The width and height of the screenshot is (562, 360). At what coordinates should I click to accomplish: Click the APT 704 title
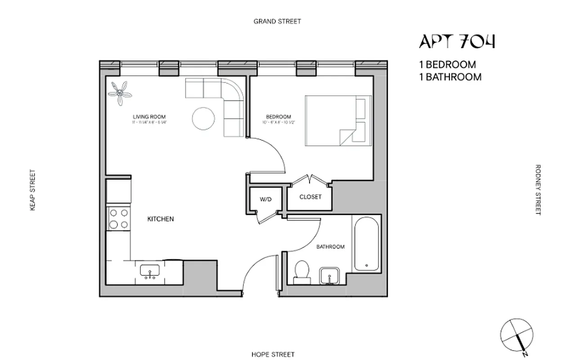pyautogui.click(x=457, y=41)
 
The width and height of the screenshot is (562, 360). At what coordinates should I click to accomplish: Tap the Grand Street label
pyautogui.click(x=277, y=21)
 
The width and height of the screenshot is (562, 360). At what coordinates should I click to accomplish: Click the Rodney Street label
pyautogui.click(x=538, y=189)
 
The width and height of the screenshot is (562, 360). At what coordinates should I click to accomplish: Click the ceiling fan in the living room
pyautogui.click(x=121, y=93)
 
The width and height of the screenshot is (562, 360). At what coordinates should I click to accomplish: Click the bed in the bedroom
pyautogui.click(x=338, y=121)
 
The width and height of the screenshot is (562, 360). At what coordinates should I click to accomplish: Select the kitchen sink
pyautogui.click(x=148, y=271)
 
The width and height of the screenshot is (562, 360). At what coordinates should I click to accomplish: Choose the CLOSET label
pyautogui.click(x=310, y=197)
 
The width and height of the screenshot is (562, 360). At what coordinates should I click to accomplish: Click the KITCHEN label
pyautogui.click(x=161, y=219)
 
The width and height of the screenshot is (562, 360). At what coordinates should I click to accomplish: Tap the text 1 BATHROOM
pyautogui.click(x=450, y=77)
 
